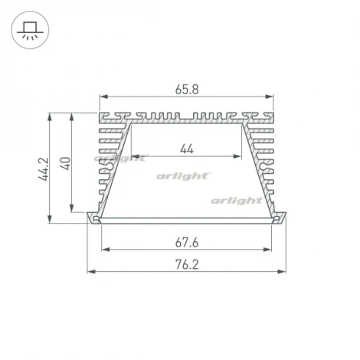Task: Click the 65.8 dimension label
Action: coord(187,88)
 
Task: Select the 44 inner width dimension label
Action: coord(186,149)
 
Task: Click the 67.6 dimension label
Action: coord(187,243)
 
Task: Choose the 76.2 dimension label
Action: coord(187,265)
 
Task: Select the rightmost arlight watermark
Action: coord(237,200)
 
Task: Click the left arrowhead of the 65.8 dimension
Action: coord(103,97)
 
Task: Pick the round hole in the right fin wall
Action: coord(264,162)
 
